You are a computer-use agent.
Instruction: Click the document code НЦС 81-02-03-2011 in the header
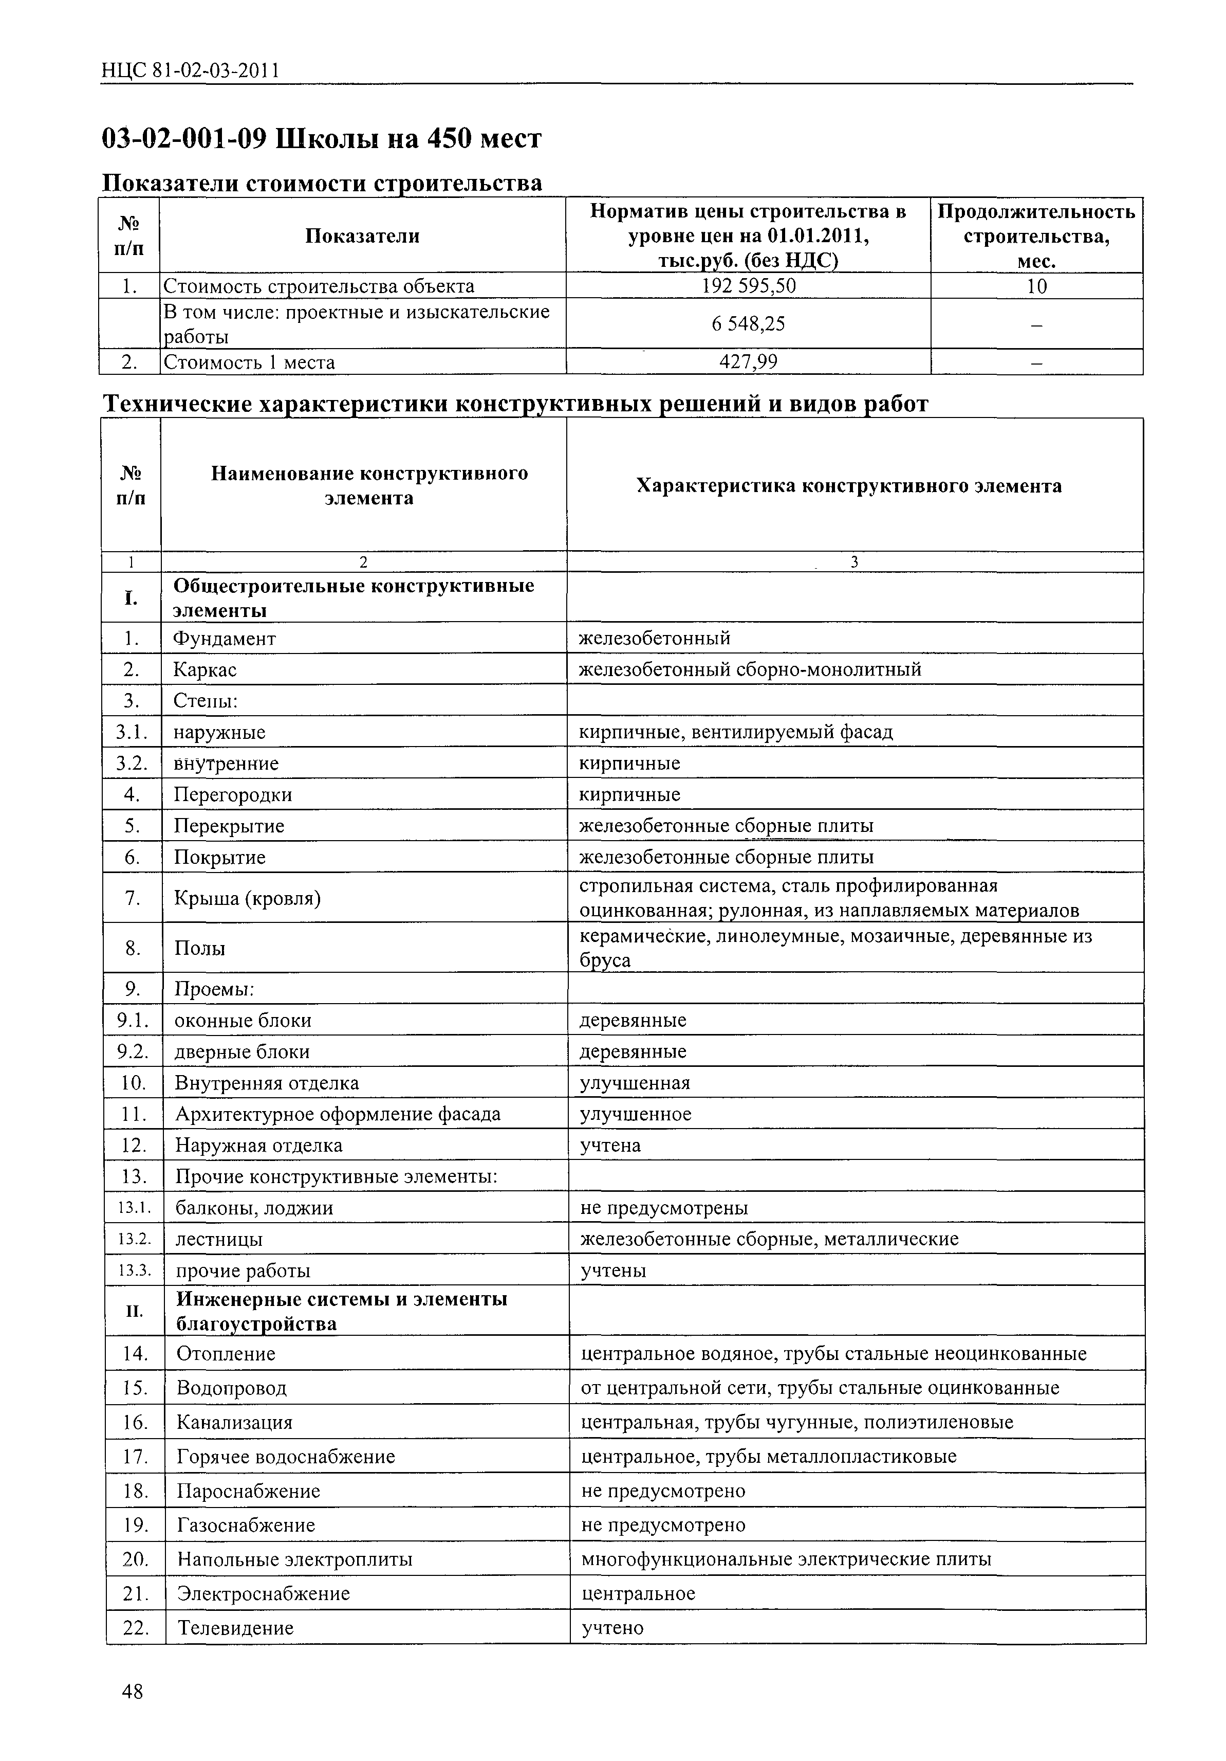click(190, 71)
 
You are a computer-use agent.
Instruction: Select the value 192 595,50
click(748, 286)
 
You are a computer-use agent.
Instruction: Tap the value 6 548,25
click(748, 324)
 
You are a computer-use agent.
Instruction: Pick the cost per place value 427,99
click(748, 361)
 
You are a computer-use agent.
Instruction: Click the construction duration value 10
click(1036, 286)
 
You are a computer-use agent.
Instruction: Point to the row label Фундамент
click(224, 638)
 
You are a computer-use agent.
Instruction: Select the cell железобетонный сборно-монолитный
click(749, 669)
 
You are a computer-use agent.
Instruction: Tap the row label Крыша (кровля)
click(247, 897)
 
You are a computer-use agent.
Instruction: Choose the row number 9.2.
click(132, 1051)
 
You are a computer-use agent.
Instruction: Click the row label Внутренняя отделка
click(266, 1083)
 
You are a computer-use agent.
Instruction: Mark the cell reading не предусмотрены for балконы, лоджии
click(664, 1208)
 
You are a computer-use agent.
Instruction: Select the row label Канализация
click(235, 1423)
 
